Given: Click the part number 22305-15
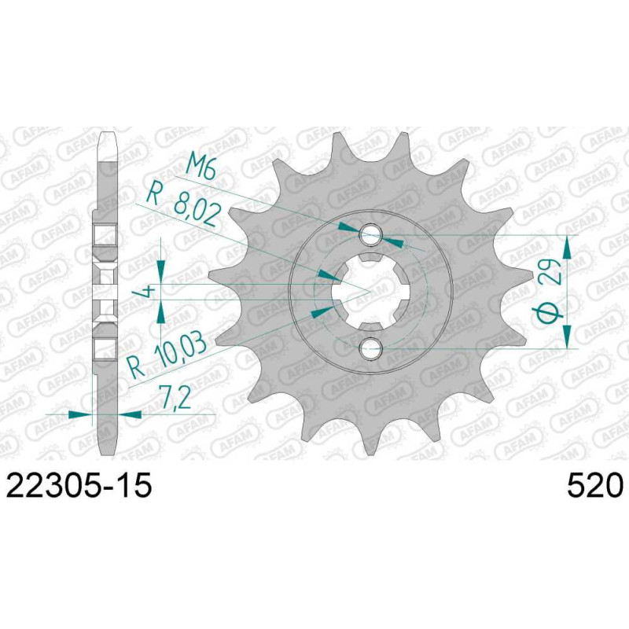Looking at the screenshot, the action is point(79,485).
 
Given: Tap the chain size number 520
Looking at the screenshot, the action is point(595,485).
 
